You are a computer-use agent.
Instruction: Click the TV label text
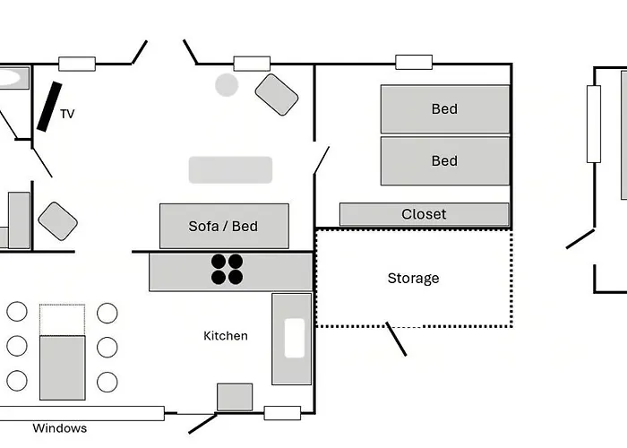[x=67, y=114]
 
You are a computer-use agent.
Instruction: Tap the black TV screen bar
[x=49, y=107]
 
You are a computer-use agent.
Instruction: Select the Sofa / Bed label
[x=223, y=227]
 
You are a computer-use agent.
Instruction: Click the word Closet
[x=424, y=214]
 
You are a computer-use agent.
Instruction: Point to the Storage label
[x=414, y=279]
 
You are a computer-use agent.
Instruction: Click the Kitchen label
[x=226, y=336]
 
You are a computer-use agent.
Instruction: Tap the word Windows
[x=60, y=428]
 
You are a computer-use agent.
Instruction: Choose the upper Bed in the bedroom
[x=445, y=108]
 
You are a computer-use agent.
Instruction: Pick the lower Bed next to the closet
[x=445, y=160]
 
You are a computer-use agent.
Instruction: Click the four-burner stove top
[x=227, y=269]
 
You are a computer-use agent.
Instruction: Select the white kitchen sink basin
[x=295, y=338]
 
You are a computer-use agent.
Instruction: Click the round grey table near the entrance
[x=227, y=85]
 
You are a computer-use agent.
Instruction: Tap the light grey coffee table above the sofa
[x=231, y=170]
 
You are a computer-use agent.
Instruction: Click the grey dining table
[x=63, y=367]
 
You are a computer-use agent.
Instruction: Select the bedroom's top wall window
[x=414, y=63]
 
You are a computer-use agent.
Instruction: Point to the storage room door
[x=396, y=339]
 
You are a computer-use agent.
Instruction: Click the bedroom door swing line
[x=322, y=160]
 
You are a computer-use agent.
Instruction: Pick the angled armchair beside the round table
[x=277, y=95]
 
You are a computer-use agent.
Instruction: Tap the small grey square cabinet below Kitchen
[x=235, y=397]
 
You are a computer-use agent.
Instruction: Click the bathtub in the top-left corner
[x=14, y=78]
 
